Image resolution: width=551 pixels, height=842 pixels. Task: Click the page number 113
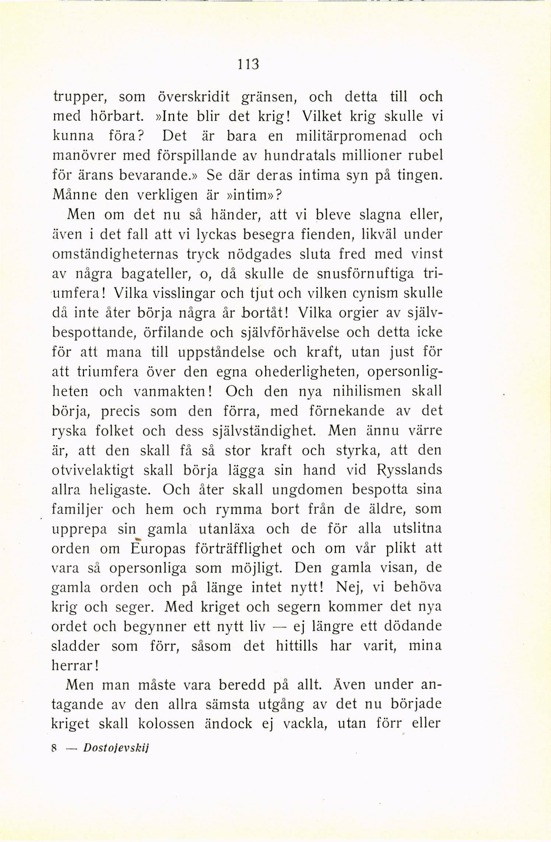(x=249, y=64)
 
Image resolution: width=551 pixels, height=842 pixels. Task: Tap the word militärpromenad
(x=351, y=136)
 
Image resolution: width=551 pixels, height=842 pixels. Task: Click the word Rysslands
(x=409, y=470)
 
